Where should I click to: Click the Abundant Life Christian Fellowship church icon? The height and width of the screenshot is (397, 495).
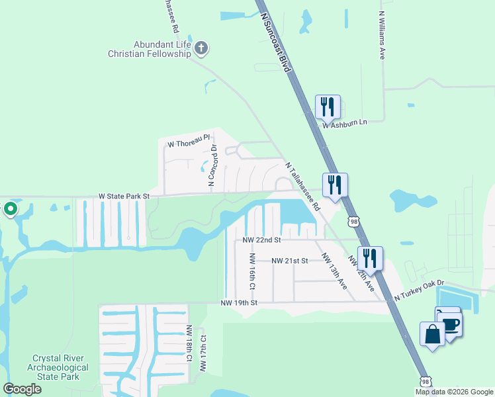[202, 48]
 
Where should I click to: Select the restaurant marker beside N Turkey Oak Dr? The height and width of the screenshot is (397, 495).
[370, 257]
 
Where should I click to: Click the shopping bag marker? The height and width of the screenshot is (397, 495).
[432, 334]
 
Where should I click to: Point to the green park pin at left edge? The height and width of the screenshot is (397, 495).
[10, 210]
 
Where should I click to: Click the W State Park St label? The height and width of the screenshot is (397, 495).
[124, 197]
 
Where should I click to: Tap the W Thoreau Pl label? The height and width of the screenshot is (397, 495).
[188, 144]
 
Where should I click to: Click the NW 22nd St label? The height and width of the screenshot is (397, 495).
[261, 240]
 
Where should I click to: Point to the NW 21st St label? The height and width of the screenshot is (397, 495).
[289, 261]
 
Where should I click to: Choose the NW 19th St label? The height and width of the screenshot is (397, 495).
[238, 303]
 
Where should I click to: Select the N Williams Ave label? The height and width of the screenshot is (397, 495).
[382, 35]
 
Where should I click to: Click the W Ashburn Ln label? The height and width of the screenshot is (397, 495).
[344, 123]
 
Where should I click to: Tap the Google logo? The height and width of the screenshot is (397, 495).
[22, 389]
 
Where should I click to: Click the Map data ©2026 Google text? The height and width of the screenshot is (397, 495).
[453, 392]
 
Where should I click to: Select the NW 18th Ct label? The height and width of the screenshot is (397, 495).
[189, 343]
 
